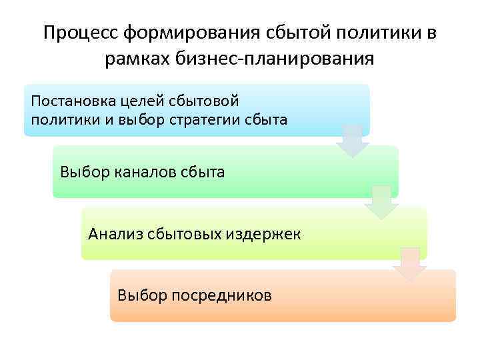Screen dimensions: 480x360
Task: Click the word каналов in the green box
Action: point(141,172)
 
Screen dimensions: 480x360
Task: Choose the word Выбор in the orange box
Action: point(139,295)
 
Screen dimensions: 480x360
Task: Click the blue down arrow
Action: point(353,141)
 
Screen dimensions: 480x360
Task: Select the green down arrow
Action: point(381,203)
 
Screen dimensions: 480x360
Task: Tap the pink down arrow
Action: point(410,264)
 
